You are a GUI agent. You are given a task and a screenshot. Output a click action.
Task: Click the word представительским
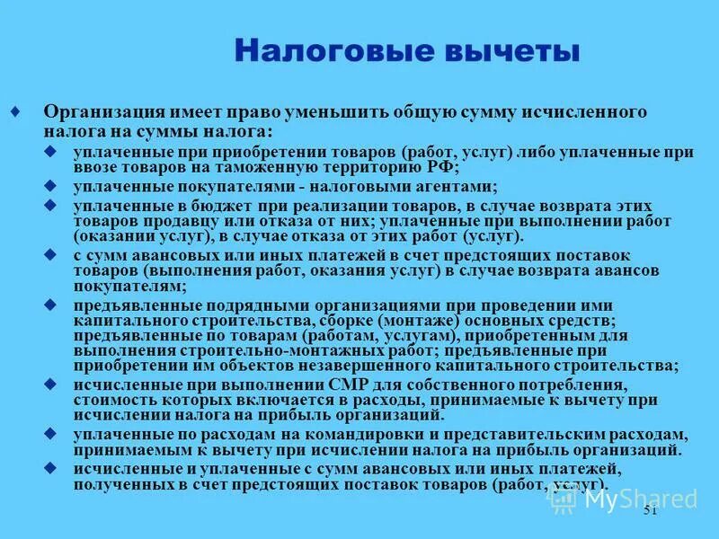coord(466,435)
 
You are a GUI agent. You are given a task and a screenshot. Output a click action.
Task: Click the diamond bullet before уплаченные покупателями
coord(50,186)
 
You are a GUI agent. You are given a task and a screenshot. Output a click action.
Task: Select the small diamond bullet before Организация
coord(15,111)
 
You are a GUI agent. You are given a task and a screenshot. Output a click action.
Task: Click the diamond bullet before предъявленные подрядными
coord(50,305)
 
